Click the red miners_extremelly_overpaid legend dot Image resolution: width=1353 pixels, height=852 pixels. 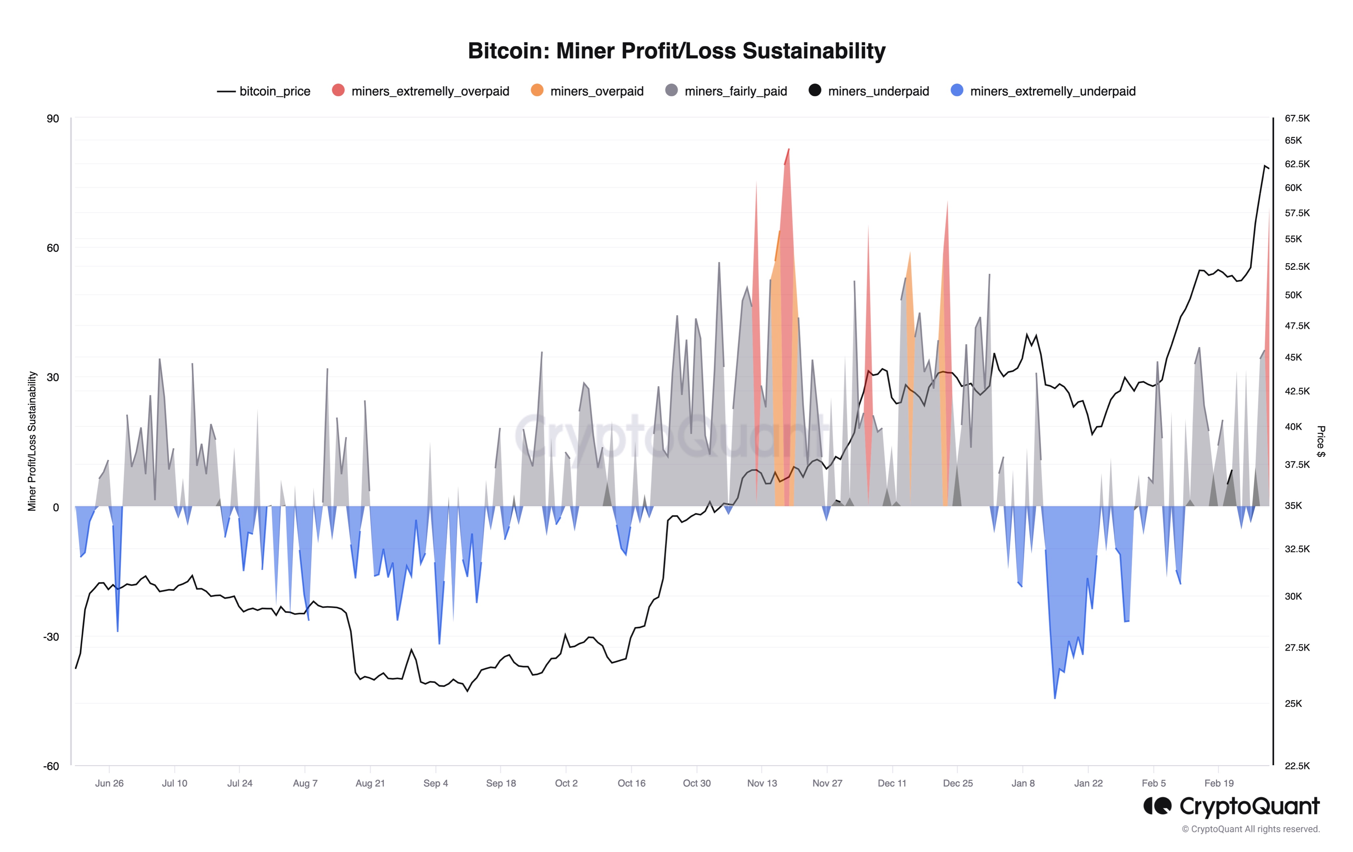338,90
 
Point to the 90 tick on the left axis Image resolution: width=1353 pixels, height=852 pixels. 53,119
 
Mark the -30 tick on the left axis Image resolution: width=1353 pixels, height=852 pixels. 51,636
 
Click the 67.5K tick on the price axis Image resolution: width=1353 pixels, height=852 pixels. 1297,119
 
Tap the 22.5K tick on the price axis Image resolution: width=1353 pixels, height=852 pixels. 1297,765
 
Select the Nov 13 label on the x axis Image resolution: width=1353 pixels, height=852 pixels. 762,783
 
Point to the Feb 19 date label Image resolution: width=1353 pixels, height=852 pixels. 1219,783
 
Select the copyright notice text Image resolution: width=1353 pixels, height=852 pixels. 1250,829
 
